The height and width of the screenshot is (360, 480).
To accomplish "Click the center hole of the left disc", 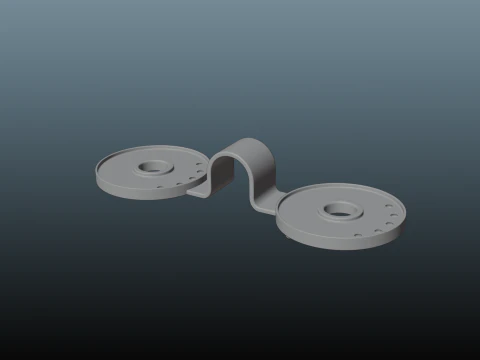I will tap(156, 165).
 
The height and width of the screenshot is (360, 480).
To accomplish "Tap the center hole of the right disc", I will tap(341, 211).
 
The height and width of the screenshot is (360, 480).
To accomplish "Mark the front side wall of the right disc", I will tap(330, 244).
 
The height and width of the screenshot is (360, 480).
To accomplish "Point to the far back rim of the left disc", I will tap(150, 147).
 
